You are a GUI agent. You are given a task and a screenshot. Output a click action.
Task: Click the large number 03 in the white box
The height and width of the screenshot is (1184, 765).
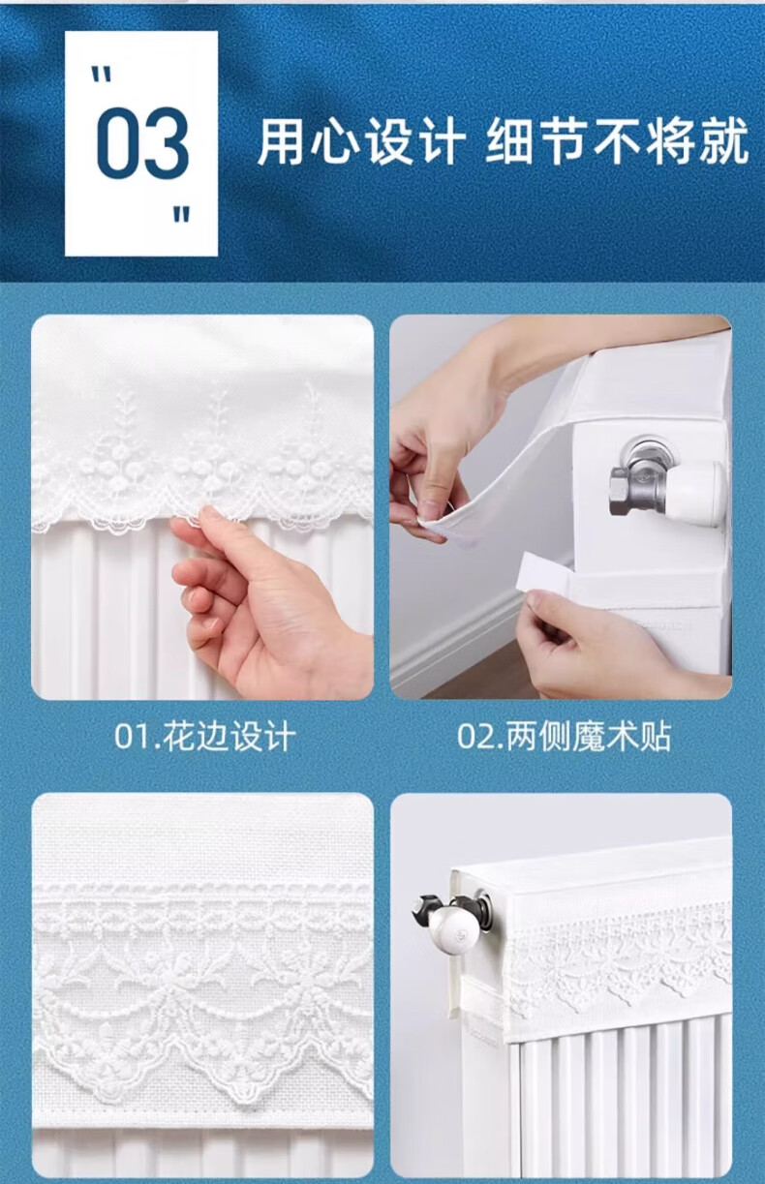coord(142,141)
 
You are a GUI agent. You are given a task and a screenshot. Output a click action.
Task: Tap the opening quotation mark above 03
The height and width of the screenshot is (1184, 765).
coord(102,74)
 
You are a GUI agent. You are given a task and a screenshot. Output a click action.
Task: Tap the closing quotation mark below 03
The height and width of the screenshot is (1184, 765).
coord(181,215)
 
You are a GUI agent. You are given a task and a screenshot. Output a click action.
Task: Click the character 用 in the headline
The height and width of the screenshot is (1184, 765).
coord(280,141)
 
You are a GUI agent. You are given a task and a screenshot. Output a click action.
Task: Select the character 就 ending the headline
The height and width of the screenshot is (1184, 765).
coord(724,141)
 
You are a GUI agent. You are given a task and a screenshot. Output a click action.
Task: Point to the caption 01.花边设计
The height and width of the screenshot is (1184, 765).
coord(205,738)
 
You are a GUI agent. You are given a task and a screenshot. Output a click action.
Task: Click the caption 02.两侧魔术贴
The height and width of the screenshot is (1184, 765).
coord(565,738)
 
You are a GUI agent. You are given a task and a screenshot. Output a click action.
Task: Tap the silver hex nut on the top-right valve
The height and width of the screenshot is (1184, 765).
coord(620,491)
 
